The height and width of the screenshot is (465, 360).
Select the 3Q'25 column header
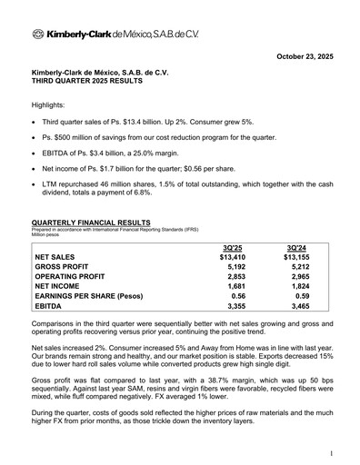233,247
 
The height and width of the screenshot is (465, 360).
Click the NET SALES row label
57,258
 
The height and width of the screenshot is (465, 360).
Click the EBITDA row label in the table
49,320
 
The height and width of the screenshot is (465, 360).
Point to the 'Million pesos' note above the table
47,235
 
